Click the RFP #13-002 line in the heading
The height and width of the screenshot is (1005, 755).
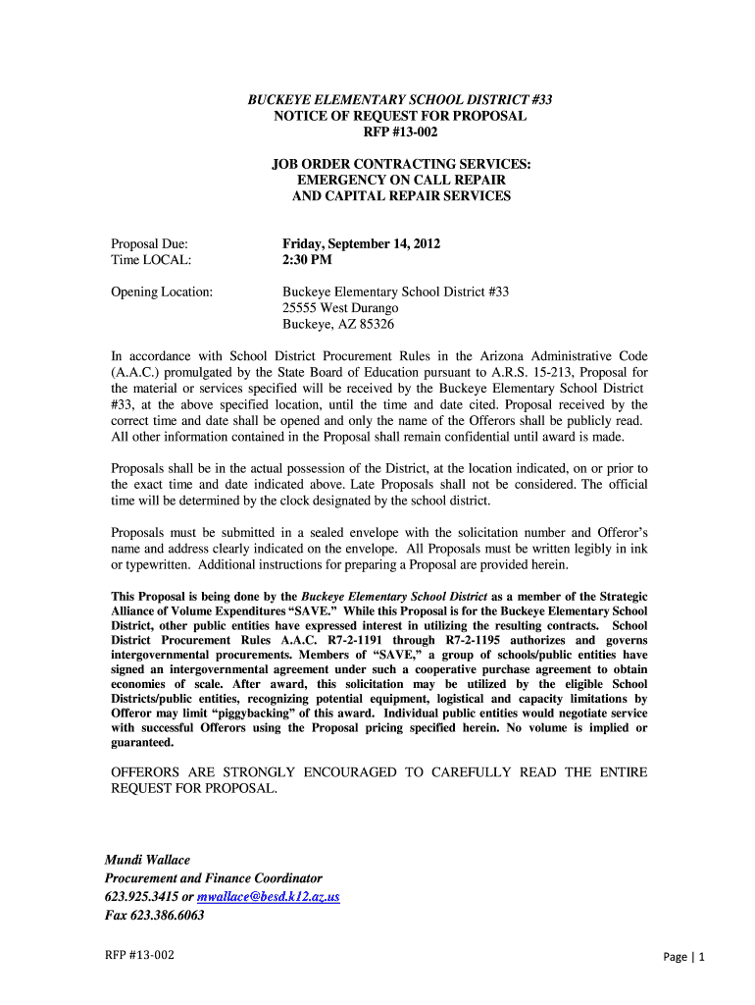400,132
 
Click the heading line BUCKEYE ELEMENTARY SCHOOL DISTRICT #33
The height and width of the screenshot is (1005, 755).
400,99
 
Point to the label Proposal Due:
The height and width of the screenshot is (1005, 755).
149,244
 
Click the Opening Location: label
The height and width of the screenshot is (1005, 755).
162,292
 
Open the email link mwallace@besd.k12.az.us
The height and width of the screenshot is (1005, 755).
268,897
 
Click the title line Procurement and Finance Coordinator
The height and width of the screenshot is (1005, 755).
213,878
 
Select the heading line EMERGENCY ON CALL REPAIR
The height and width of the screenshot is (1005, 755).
401,180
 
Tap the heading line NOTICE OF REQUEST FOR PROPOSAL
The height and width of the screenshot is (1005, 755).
400,116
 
